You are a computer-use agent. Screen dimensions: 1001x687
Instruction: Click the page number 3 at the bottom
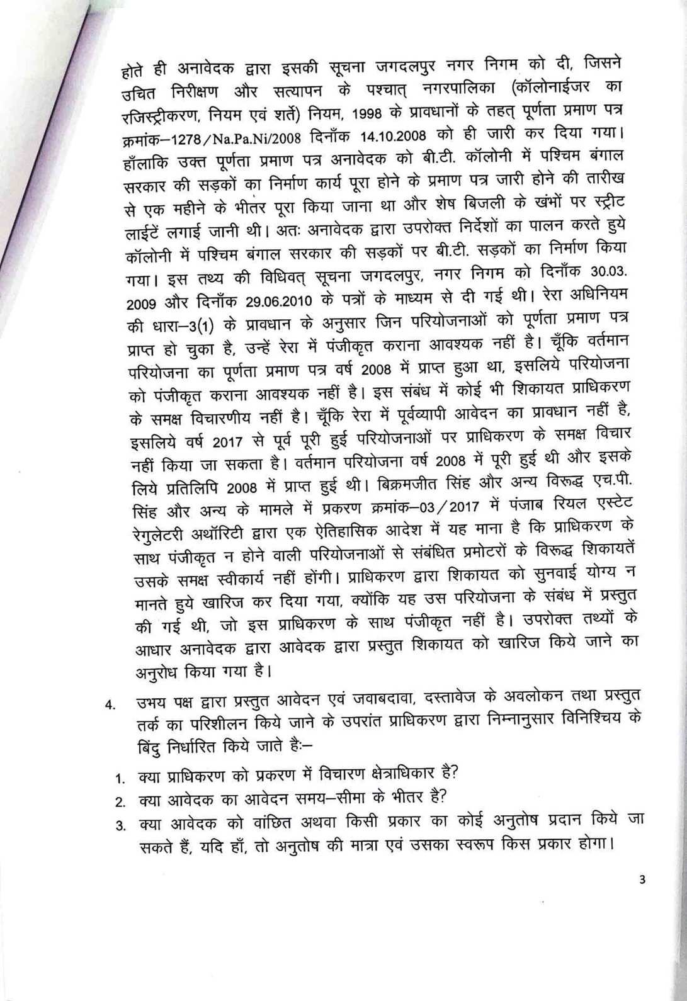642,881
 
